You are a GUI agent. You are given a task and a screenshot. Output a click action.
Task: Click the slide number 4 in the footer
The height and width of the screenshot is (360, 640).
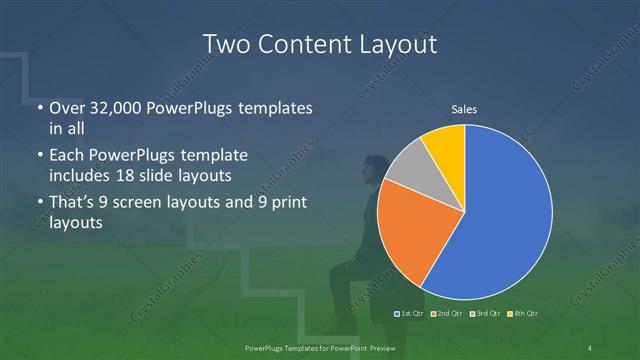590,347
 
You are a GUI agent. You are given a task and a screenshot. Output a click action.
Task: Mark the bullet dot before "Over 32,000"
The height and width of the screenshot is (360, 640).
39,108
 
